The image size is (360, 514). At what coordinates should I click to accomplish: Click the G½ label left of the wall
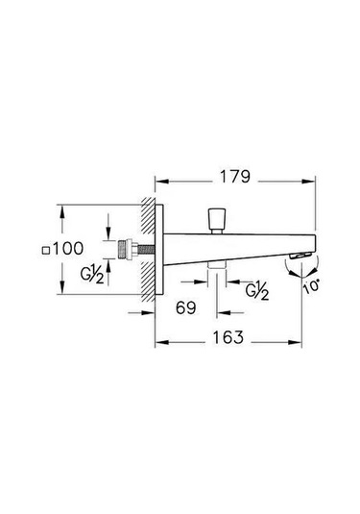(x=94, y=277)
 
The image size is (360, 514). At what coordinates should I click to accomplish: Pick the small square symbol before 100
(x=45, y=250)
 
